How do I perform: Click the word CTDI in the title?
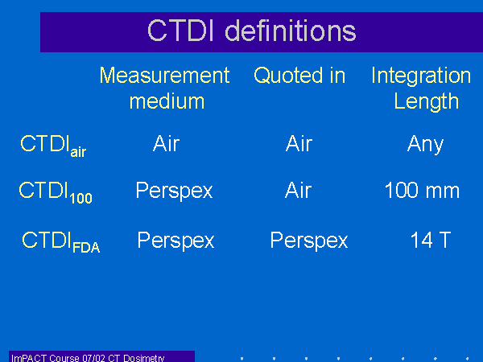click(x=180, y=31)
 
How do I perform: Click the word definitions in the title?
click(x=291, y=31)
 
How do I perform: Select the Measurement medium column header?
click(x=165, y=88)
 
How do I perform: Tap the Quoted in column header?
click(x=299, y=76)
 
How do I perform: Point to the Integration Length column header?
click(x=421, y=88)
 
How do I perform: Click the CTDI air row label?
click(x=53, y=146)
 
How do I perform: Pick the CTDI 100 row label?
click(x=56, y=192)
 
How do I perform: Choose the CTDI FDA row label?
click(x=61, y=242)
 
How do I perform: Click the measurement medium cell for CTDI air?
click(x=166, y=143)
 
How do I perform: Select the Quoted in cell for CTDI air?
click(x=299, y=143)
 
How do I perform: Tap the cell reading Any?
click(x=425, y=145)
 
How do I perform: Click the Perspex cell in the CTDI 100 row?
click(x=175, y=191)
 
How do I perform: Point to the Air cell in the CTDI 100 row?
click(x=298, y=190)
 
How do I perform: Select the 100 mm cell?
click(x=422, y=190)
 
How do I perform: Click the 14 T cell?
click(x=431, y=240)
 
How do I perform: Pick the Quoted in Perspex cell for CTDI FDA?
click(x=309, y=241)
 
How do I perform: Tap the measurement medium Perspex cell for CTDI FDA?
click(x=175, y=241)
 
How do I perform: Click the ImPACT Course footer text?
click(x=88, y=358)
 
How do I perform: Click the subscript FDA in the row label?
click(x=86, y=248)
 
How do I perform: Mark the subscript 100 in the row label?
click(x=81, y=198)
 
